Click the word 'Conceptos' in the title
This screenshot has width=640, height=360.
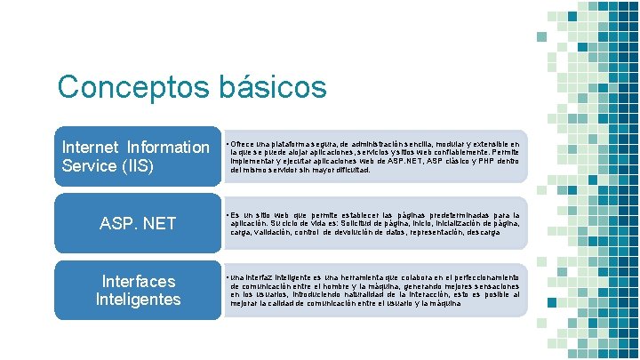pyautogui.click(x=132, y=87)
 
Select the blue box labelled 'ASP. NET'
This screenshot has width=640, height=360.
pyautogui.click(x=139, y=223)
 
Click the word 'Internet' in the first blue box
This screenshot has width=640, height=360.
pyautogui.click(x=90, y=147)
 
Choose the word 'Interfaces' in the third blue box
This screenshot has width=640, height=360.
pyautogui.click(x=139, y=281)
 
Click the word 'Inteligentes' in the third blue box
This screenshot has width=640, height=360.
pyautogui.click(x=139, y=300)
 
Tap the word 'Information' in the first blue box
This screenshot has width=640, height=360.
pyautogui.click(x=168, y=147)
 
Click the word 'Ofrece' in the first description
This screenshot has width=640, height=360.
pyautogui.click(x=242, y=142)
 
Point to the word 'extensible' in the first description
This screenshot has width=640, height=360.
pyautogui.click(x=488, y=142)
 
